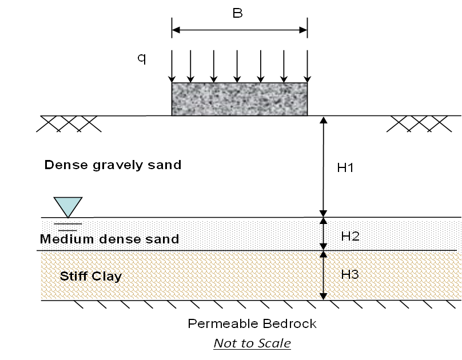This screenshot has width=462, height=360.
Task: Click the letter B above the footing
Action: point(238,13)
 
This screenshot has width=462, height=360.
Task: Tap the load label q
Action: point(141,58)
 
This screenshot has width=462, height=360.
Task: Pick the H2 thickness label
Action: point(350,236)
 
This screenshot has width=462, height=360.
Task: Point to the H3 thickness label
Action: point(350,274)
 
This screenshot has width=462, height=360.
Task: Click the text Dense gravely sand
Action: point(113,165)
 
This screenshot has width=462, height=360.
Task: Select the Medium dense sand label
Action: point(109,239)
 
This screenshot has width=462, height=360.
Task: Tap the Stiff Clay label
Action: point(91,277)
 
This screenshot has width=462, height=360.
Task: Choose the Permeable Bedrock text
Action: point(252,324)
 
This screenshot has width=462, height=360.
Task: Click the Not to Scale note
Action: point(252,343)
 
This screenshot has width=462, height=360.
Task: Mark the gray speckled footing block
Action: point(240,99)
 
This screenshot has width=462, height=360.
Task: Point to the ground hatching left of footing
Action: point(69,122)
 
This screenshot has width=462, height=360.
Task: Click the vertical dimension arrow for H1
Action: point(323,166)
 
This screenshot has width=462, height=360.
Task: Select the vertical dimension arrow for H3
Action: point(323,275)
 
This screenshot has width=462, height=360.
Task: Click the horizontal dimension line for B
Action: point(240,29)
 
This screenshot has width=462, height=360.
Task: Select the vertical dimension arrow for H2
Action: point(323,234)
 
